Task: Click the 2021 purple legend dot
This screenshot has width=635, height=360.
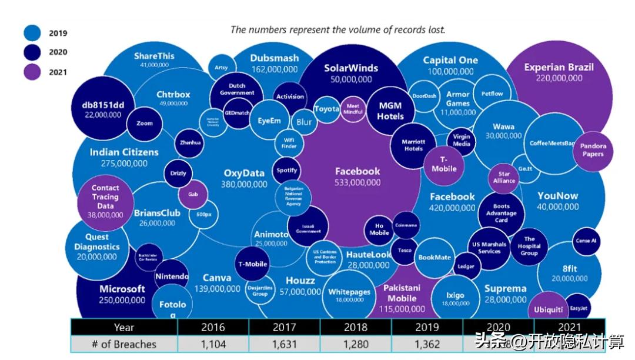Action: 32,71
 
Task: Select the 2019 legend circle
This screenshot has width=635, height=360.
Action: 32,32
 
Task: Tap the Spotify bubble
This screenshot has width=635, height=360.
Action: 287,171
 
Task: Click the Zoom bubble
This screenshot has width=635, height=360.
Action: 144,123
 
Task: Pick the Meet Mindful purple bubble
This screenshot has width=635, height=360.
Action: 353,108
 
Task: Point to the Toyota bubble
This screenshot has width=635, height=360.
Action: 326,109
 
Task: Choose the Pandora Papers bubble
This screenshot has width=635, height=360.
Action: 593,149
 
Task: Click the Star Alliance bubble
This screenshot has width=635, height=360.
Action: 504,178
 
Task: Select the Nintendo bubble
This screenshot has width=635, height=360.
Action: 172,276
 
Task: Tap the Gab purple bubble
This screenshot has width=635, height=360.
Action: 193,194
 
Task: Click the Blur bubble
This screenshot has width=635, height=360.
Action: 304,122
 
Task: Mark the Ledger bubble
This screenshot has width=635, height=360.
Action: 466,266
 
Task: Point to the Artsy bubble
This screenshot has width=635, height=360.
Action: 221,68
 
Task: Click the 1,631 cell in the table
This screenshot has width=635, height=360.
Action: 285,344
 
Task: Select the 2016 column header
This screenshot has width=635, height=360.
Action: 213,327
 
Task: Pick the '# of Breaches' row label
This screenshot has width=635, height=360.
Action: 124,344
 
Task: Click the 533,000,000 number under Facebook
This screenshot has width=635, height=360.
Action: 357,183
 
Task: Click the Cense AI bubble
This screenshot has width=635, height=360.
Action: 586,241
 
